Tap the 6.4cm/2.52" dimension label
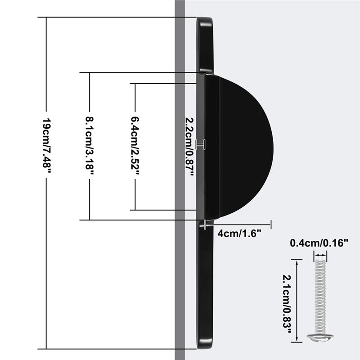click(135, 147)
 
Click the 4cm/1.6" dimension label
click(239, 234)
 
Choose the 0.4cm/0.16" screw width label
click(319, 243)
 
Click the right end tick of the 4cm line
click(271, 223)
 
